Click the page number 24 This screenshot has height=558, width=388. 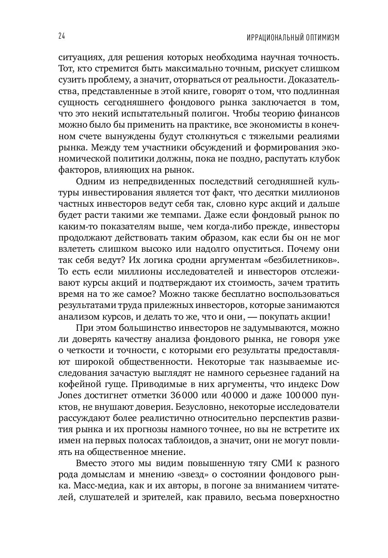61,37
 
